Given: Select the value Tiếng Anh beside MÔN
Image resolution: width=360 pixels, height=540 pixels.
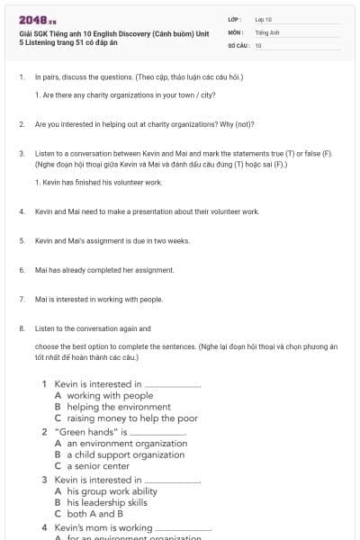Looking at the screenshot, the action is click(x=263, y=31).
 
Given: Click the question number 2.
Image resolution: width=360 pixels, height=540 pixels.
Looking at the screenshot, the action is click(x=21, y=123).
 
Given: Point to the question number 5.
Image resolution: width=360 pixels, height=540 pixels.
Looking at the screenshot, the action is click(x=21, y=240).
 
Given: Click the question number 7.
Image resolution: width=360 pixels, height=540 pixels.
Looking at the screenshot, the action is click(x=21, y=299).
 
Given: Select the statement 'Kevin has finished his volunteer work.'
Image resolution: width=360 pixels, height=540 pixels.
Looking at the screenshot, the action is click(x=98, y=182).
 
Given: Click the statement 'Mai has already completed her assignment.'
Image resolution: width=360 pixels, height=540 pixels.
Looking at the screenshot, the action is click(x=104, y=270).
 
